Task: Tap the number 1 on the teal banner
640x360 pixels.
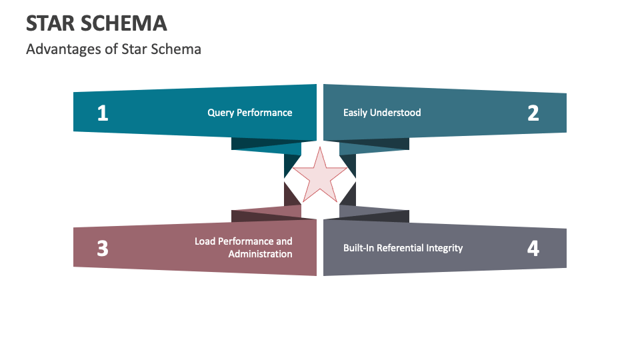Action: pyautogui.click(x=102, y=113)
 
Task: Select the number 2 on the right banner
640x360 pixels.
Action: pyautogui.click(x=533, y=113)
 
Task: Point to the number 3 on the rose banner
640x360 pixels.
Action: pyautogui.click(x=102, y=248)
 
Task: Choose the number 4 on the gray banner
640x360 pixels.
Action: pyautogui.click(x=533, y=248)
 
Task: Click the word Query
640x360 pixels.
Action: pyautogui.click(x=221, y=113)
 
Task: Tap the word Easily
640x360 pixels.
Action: pyautogui.click(x=355, y=113)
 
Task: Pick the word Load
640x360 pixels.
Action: pyautogui.click(x=205, y=241)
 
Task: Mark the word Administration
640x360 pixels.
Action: pyautogui.click(x=260, y=254)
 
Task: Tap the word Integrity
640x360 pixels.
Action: pyautogui.click(x=445, y=248)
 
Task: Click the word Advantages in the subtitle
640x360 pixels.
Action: pyautogui.click(x=56, y=49)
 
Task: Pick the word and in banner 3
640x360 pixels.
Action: pyautogui.click(x=284, y=241)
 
